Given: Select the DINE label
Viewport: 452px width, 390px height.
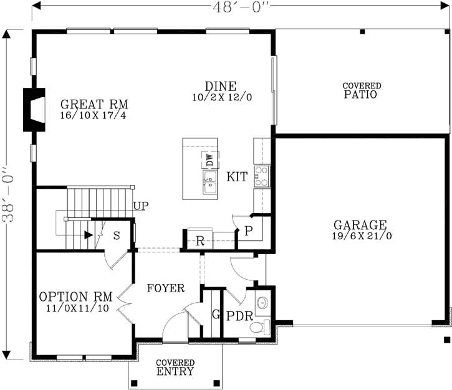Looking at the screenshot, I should (x=221, y=87).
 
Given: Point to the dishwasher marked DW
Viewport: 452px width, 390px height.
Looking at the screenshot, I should (x=208, y=159).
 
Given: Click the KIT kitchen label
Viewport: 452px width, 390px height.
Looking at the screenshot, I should (x=236, y=178).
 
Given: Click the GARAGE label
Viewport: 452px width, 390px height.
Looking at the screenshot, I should (x=360, y=225).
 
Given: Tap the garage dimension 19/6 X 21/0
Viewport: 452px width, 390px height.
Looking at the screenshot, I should (x=360, y=236).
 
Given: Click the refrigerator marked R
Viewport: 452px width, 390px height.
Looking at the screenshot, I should (x=200, y=241).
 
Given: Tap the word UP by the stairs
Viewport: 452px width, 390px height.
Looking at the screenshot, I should (x=140, y=206).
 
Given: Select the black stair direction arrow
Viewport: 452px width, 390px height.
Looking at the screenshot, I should (x=89, y=235).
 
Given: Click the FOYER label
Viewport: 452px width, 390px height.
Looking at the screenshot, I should (x=165, y=288).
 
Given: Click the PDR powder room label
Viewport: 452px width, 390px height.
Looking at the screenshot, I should (x=239, y=316).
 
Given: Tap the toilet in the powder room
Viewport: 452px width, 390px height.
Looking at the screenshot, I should (x=265, y=326).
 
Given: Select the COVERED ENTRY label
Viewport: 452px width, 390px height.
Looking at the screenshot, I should (x=175, y=368).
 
